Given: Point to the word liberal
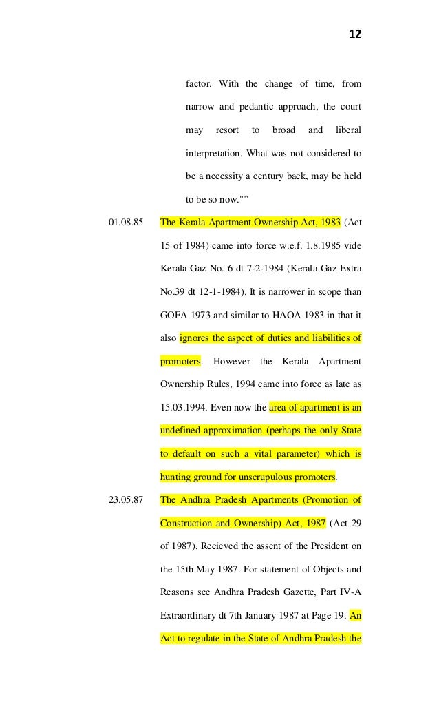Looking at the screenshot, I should (347, 130).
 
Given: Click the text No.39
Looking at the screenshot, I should (172, 292).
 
